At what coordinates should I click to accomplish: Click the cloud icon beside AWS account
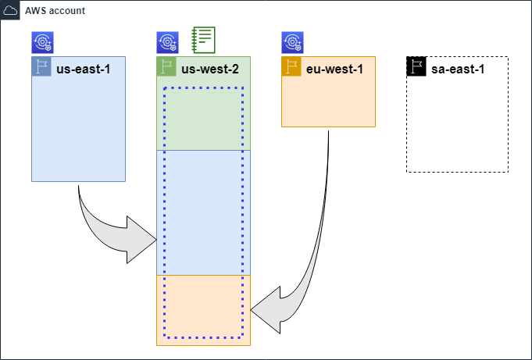tap(11, 11)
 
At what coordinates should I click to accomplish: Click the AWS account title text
tap(55, 11)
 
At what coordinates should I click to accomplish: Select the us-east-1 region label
tap(83, 69)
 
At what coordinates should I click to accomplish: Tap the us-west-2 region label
tap(210, 69)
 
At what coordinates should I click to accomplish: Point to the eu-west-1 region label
tap(334, 69)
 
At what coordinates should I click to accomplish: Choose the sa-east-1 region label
tap(458, 69)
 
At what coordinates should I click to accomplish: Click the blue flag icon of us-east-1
tap(41, 66)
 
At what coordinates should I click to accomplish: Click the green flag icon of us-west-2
tap(166, 66)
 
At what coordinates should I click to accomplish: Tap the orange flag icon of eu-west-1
tap(291, 66)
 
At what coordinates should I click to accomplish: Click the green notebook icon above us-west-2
tap(203, 40)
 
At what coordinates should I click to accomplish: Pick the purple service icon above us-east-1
tap(42, 42)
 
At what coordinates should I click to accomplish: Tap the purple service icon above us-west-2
tap(167, 42)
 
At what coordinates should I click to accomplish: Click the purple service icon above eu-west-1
tap(292, 42)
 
